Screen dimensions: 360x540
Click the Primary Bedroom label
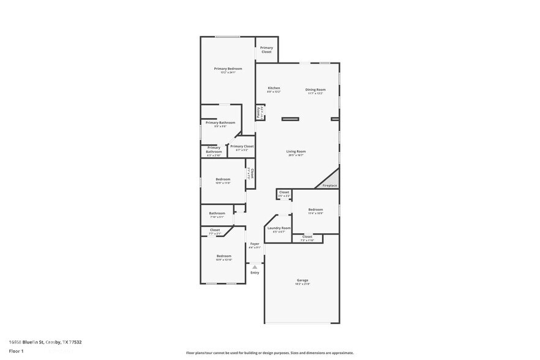(228, 69)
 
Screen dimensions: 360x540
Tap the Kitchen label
(274, 88)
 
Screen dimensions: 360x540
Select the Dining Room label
(315, 89)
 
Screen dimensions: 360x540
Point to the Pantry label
(259, 112)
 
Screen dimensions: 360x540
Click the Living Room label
(296, 151)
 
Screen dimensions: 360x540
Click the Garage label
(302, 280)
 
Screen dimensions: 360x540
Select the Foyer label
(255, 244)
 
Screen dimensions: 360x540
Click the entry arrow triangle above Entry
(255, 266)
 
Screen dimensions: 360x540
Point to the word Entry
(255, 272)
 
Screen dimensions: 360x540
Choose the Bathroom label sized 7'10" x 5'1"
(217, 213)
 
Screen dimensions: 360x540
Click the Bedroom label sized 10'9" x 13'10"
(223, 256)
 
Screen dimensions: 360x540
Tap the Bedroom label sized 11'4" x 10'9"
(315, 209)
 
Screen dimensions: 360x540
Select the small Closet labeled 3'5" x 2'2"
(284, 192)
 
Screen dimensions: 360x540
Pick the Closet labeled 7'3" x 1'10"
(307, 236)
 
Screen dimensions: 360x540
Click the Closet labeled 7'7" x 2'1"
(215, 230)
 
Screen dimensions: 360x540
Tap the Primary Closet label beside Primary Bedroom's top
(266, 50)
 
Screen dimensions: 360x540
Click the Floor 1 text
(16, 351)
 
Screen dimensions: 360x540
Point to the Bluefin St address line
(45, 342)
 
